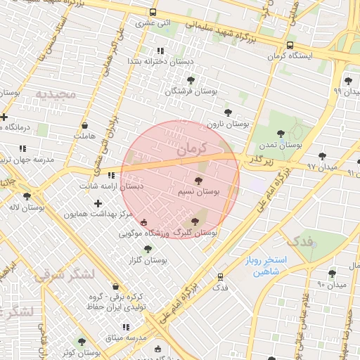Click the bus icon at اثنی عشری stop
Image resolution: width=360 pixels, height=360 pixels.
153,13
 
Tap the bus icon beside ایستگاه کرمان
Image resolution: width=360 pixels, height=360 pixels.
290,46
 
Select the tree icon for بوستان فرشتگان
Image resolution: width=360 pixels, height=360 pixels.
191,80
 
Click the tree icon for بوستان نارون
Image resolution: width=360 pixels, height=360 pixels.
227,112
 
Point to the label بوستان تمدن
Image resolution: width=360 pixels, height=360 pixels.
281,144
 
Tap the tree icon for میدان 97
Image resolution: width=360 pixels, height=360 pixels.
322,156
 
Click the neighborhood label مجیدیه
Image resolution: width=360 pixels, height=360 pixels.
56,94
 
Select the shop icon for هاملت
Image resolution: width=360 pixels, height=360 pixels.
84,125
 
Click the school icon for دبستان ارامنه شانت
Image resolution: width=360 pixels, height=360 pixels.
111,175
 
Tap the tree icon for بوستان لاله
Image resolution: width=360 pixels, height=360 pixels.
27,196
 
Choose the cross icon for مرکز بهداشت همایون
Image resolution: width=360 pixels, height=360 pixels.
98,203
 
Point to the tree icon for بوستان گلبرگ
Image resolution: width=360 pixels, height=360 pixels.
195,221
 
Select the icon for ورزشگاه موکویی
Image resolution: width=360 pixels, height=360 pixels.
144,223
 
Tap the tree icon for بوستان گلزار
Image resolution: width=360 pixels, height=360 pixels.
148,249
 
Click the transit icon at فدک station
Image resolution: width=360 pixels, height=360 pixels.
221,277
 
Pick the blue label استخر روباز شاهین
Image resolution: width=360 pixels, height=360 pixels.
262,266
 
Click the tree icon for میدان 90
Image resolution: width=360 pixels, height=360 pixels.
331,274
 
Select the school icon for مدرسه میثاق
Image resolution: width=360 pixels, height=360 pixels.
126,327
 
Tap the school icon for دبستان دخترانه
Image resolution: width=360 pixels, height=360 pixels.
161,51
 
